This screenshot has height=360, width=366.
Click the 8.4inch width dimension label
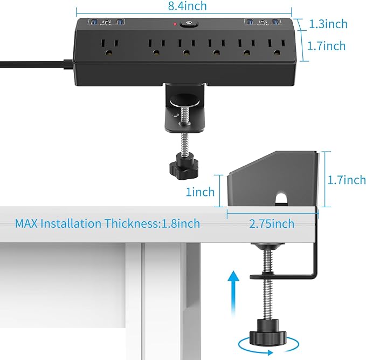(184, 6)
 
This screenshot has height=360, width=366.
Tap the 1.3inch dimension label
(328, 24)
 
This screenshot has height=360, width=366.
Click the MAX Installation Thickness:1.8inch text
(107, 223)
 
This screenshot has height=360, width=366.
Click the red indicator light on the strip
(175, 24)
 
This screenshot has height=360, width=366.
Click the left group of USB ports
(107, 23)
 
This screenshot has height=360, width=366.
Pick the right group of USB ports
(263, 23)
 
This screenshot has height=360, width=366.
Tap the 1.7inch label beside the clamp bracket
(346, 180)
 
